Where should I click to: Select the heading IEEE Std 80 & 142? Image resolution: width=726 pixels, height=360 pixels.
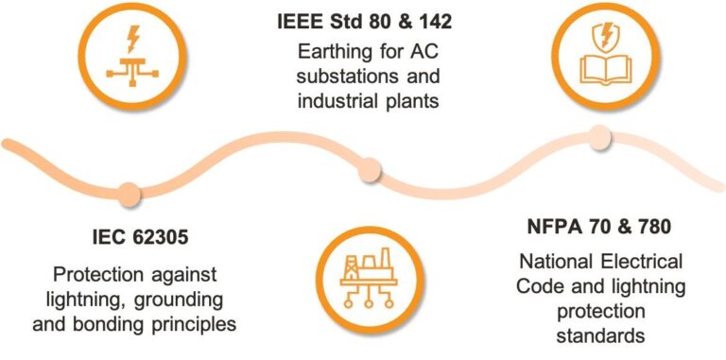(x=364, y=23)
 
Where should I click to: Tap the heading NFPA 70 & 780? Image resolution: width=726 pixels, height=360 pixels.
(x=599, y=227)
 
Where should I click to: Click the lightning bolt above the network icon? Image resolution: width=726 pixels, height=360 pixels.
(x=133, y=39)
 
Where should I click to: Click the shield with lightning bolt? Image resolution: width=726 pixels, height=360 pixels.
(x=602, y=36)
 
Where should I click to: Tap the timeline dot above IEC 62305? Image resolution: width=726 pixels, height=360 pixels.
(x=129, y=194)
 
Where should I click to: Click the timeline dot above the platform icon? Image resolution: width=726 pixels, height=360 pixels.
(x=370, y=170)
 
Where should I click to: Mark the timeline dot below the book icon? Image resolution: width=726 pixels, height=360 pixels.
(x=600, y=137)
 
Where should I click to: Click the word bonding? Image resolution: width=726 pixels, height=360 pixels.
(x=104, y=324)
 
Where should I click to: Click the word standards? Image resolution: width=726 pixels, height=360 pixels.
(x=599, y=335)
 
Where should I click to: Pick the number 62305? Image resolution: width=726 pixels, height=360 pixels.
(x=154, y=238)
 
